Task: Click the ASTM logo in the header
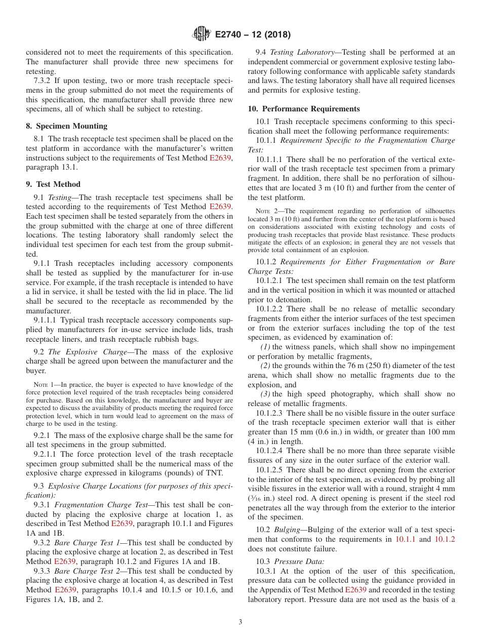[x=202, y=34]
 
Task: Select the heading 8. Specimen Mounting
[x=66, y=126]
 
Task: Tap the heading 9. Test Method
[x=53, y=184]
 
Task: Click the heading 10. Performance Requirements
[x=304, y=109]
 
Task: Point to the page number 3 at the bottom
[x=240, y=622]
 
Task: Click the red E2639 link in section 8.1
[x=220, y=158]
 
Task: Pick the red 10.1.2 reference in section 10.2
[x=445, y=539]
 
